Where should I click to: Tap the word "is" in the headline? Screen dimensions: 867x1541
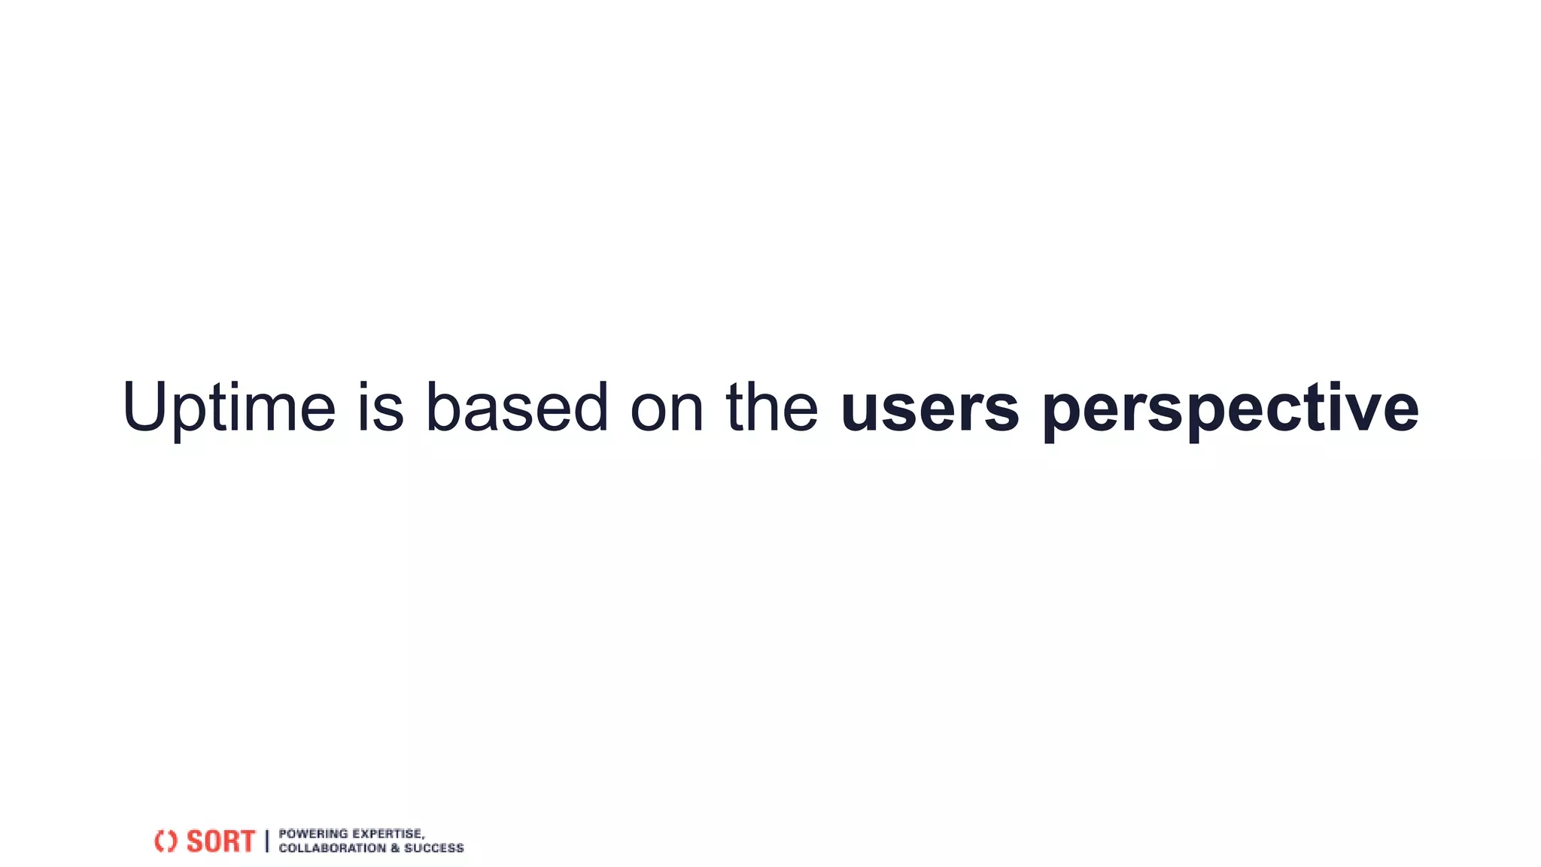(x=380, y=408)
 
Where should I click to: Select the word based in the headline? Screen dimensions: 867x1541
(x=517, y=408)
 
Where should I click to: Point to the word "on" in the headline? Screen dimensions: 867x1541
(x=667, y=408)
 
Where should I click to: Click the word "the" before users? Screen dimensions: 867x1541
(x=772, y=408)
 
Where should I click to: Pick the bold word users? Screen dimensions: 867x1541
(x=930, y=408)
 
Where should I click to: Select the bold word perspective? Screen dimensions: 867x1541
(x=1230, y=408)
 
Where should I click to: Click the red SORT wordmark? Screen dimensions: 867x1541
(x=220, y=841)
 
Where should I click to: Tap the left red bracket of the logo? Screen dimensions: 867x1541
(x=159, y=841)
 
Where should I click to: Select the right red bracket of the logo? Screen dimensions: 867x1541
(x=172, y=841)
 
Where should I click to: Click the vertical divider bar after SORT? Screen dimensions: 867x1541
(x=267, y=841)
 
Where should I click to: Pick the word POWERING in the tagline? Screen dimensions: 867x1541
(x=313, y=833)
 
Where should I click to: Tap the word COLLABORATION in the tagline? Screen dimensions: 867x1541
(x=332, y=848)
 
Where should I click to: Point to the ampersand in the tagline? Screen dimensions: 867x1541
(x=395, y=848)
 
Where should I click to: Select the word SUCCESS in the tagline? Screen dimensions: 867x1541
(x=434, y=848)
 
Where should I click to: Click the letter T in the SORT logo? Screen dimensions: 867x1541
(x=246, y=841)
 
